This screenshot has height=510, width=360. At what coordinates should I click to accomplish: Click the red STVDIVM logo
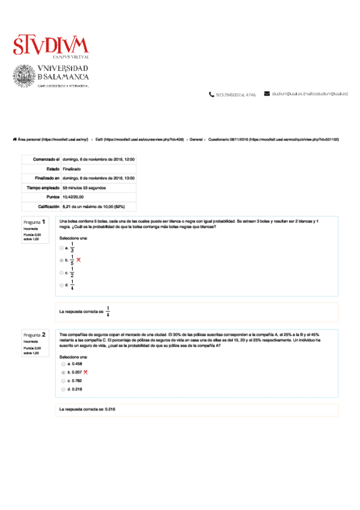tap(50, 45)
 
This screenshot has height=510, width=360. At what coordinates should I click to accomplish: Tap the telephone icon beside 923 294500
tap(211, 94)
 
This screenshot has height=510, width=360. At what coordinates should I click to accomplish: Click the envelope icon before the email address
tap(267, 94)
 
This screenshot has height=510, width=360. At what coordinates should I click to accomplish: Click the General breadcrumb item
tap(195, 139)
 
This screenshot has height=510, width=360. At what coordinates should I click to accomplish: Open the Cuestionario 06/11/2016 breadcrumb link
tap(273, 139)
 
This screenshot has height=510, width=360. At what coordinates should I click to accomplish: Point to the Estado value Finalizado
tap(72, 170)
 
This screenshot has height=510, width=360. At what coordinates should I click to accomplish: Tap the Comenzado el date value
tap(99, 159)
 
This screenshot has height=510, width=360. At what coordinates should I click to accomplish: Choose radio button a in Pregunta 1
tap(61, 247)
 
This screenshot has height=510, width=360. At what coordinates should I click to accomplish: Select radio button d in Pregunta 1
tap(61, 284)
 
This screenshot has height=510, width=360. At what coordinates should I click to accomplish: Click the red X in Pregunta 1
tap(78, 260)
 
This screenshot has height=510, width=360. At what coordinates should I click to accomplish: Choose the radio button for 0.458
tap(63, 364)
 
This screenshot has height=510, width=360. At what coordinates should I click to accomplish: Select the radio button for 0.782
tap(63, 381)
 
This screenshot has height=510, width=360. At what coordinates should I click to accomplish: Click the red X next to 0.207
tap(86, 372)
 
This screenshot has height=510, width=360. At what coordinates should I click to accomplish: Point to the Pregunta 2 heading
tap(35, 334)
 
